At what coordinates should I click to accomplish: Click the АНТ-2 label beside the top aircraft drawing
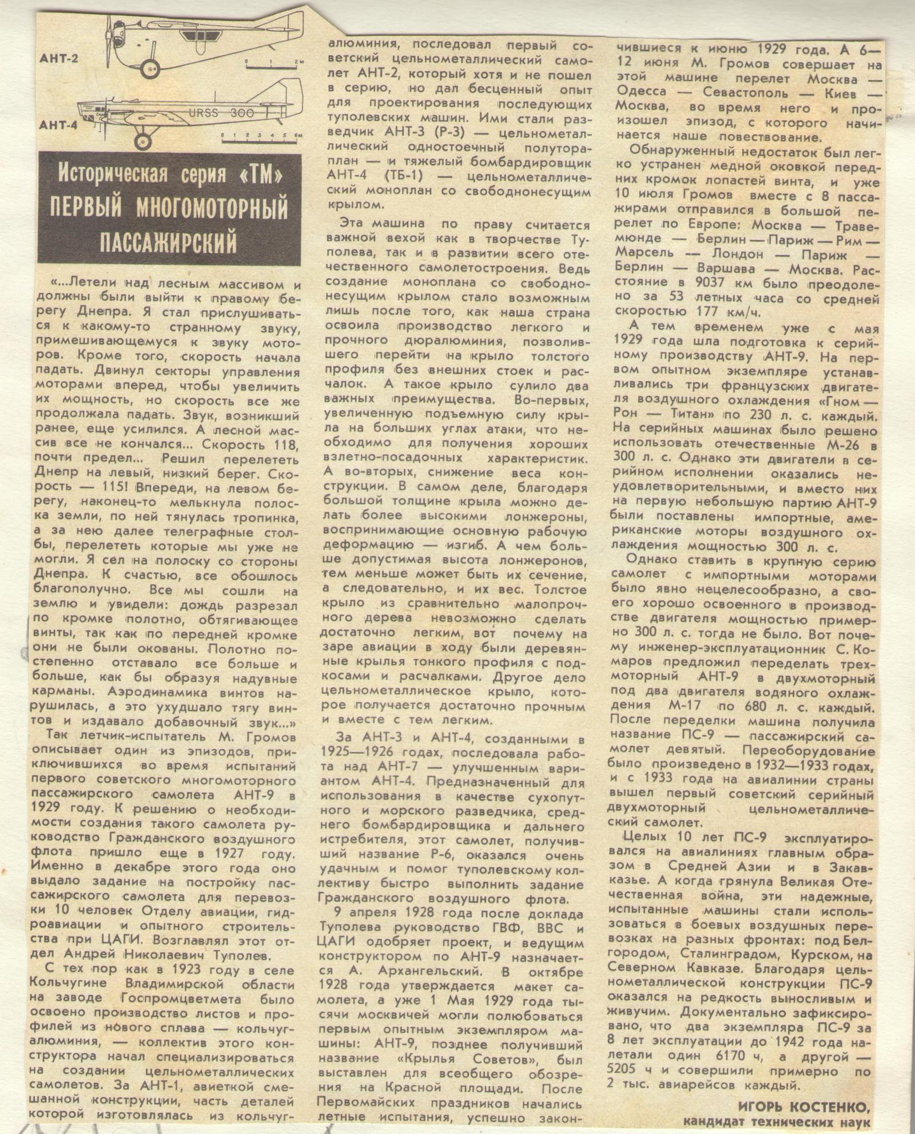click(59, 58)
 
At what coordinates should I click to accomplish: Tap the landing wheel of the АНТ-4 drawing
click(142, 141)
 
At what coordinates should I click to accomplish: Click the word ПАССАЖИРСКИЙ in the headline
click(168, 241)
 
